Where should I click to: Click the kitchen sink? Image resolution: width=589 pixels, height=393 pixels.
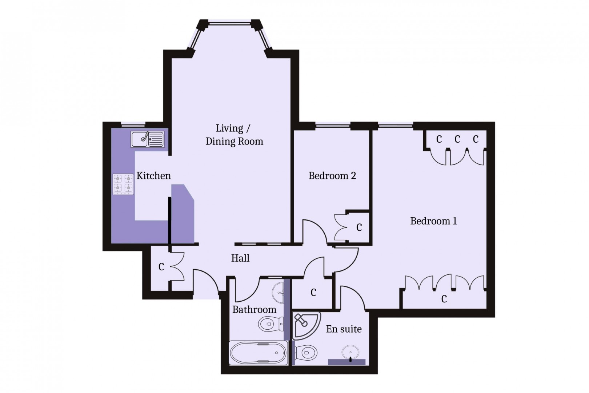(148, 139)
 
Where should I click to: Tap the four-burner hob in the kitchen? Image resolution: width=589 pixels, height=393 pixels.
(123, 184)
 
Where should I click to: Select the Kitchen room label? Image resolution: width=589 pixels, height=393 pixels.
(153, 176)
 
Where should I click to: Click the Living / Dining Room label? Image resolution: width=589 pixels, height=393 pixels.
(234, 135)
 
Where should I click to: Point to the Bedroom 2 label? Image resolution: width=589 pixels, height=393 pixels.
(332, 176)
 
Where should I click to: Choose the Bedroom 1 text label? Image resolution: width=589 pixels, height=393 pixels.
(433, 221)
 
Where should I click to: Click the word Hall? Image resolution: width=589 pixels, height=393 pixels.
(240, 258)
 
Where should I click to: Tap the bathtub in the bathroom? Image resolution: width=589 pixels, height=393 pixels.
(258, 353)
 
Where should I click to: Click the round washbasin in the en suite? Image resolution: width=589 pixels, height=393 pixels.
(350, 352)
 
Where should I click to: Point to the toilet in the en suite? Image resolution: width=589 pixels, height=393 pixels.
(305, 352)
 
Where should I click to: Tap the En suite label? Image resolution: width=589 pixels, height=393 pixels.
(344, 329)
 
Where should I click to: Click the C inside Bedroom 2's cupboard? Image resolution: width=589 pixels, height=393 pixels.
(359, 227)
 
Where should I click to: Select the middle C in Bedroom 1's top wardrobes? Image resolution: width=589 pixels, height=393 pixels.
(457, 139)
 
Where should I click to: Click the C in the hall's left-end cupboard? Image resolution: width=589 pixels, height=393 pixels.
(161, 267)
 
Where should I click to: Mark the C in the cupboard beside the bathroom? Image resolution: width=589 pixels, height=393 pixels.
(313, 292)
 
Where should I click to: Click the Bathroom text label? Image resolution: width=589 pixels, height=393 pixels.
(254, 310)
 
